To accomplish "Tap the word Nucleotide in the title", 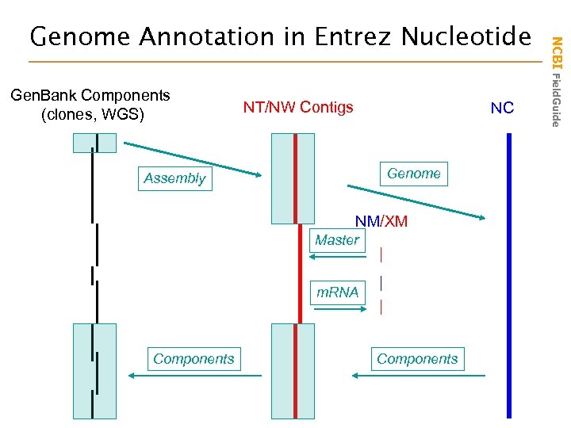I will pyautogui.click(x=466, y=36).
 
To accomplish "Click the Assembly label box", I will pyautogui.click(x=174, y=178).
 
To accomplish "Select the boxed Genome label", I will pyautogui.click(x=414, y=174).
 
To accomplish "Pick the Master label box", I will pyautogui.click(x=337, y=240).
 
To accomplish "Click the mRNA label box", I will pyautogui.click(x=338, y=292).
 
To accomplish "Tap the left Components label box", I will pyautogui.click(x=194, y=359).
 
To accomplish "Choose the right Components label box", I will pyautogui.click(x=417, y=359).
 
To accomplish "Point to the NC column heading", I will pyautogui.click(x=502, y=108).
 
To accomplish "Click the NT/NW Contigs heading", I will pyautogui.click(x=298, y=107).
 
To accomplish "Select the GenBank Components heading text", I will pyautogui.click(x=90, y=96).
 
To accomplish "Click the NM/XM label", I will pyautogui.click(x=381, y=222).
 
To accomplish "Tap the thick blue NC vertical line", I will pyautogui.click(x=509, y=277).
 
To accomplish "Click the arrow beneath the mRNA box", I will pyautogui.click(x=337, y=310).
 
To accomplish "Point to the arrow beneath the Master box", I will pyautogui.click(x=337, y=257).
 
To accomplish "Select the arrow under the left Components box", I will pyautogui.click(x=194, y=376).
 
